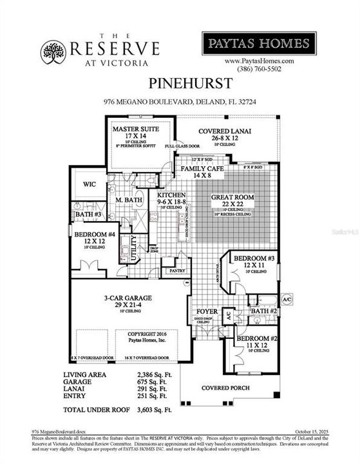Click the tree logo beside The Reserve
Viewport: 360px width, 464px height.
pos(53,50)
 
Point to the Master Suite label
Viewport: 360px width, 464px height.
pos(132,129)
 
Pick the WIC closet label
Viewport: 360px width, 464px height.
pos(88,184)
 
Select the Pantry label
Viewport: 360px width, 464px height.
pos(176,271)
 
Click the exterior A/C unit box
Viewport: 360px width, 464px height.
pos(287,300)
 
